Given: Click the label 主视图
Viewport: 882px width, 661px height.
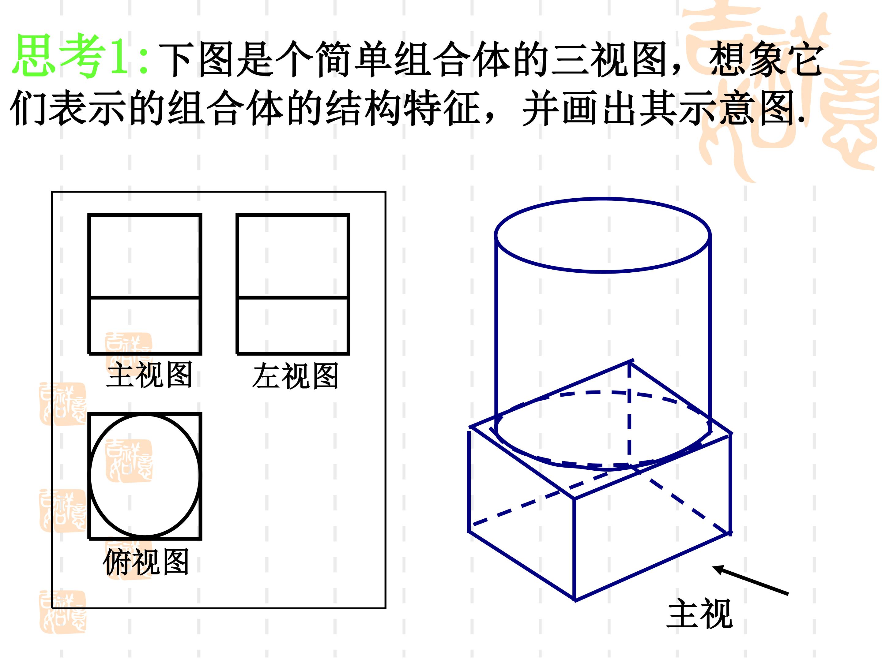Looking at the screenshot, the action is (x=149, y=375).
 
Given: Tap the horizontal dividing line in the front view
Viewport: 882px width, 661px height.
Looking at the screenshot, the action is (x=145, y=297).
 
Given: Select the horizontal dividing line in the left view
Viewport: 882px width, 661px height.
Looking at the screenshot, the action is (x=293, y=297).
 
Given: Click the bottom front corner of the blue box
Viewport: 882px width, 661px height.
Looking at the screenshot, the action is (x=574, y=599).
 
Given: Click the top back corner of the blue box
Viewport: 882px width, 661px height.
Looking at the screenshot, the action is (x=630, y=361).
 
